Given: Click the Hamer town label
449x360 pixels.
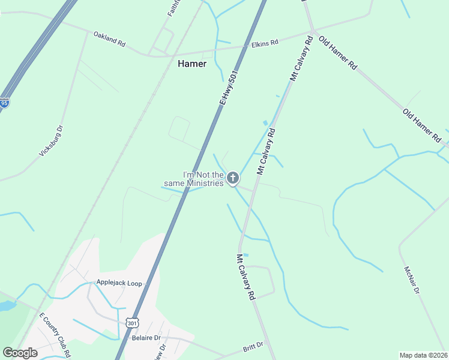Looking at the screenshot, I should tap(192, 64).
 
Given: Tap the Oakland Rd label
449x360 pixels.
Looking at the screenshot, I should tap(109, 40).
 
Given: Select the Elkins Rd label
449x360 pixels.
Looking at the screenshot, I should tap(265, 43).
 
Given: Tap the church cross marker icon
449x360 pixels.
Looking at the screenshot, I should tap(233, 178).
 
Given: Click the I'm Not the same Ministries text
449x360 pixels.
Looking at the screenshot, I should tap(195, 178).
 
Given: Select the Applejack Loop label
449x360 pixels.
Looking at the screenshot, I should tap(119, 283).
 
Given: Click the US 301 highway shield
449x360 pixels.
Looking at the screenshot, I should tap(133, 322).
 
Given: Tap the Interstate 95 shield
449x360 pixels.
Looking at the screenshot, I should tap(4, 103).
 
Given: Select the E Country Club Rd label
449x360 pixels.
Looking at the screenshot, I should tap(55, 334).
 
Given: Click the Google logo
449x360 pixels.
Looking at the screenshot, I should tap(20, 352).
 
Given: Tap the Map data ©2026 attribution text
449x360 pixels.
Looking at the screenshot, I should tap(423, 355).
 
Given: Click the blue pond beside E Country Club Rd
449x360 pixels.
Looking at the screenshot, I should tap(6, 306).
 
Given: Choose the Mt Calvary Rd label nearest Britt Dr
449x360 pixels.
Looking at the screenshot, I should tap(246, 277).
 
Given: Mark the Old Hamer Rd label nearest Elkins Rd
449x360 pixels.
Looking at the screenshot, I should tap(337, 54).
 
